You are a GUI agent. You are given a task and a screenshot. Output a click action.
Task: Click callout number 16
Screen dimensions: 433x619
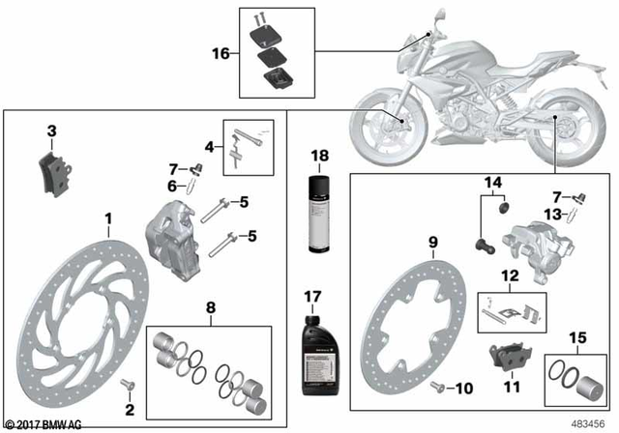tap(221, 53)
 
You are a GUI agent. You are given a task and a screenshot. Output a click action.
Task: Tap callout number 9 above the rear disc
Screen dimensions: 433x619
tap(434, 242)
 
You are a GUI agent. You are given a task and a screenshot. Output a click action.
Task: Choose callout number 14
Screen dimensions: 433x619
tap(494, 181)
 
